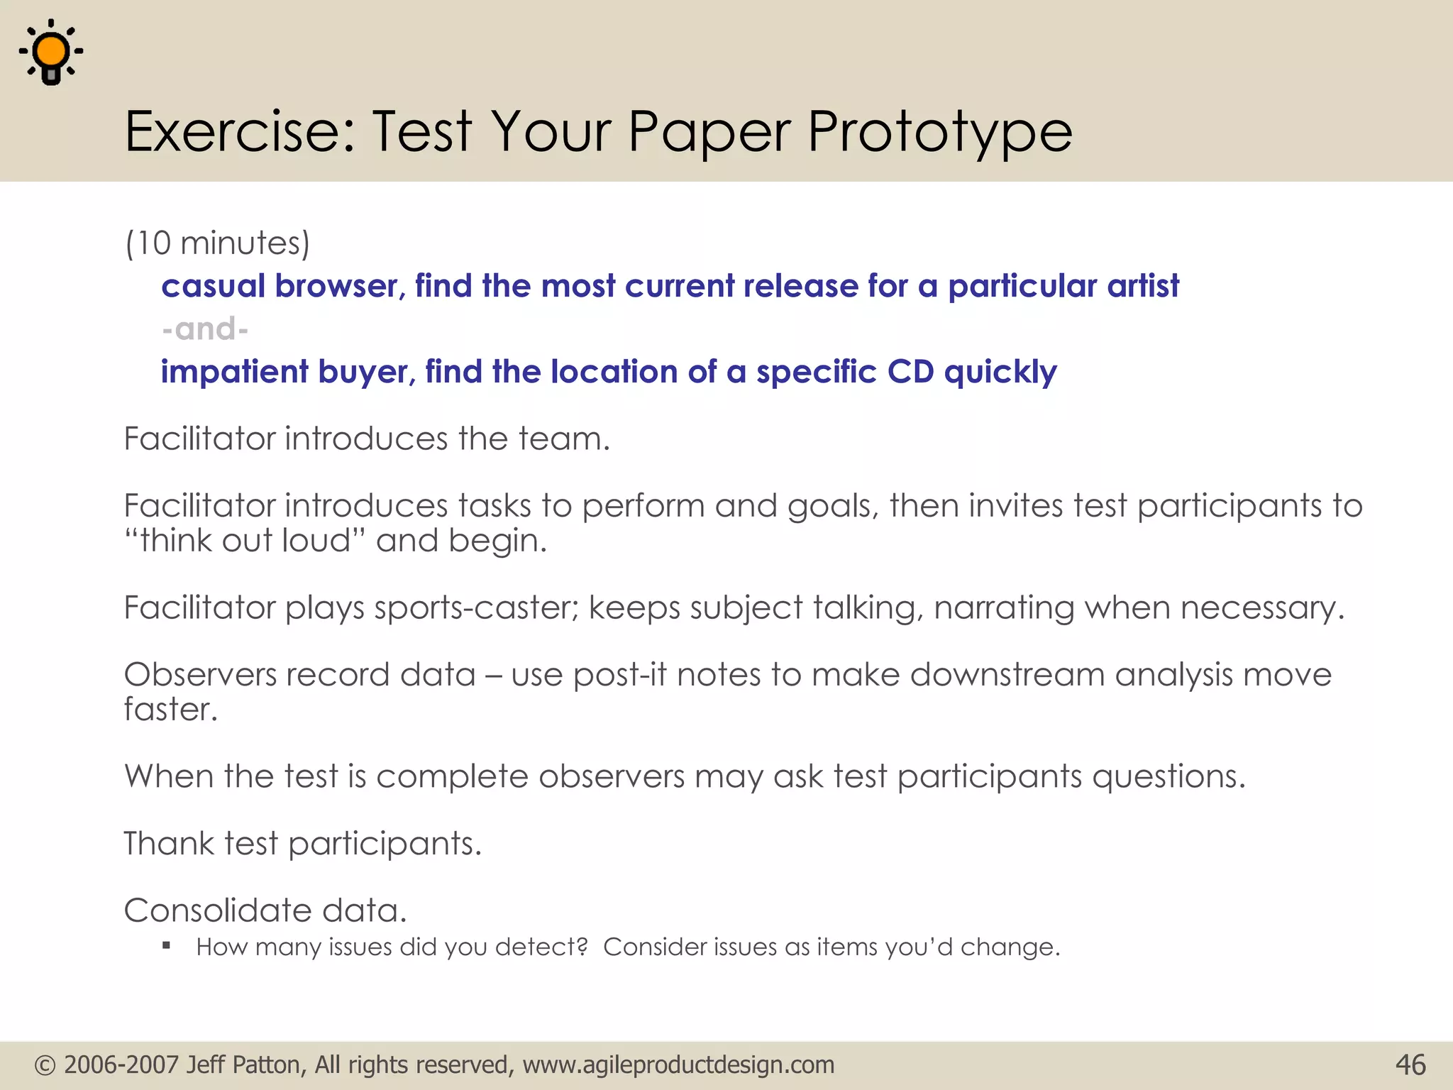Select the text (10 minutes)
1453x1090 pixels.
[217, 243]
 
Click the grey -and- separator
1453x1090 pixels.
[204, 329]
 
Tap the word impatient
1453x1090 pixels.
[234, 373]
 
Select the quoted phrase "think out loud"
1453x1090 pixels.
[245, 541]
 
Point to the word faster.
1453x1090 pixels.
[170, 709]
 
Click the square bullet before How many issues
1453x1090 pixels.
[167, 945]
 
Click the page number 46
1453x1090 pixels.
[1410, 1065]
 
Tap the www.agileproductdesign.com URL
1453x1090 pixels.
[678, 1065]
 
